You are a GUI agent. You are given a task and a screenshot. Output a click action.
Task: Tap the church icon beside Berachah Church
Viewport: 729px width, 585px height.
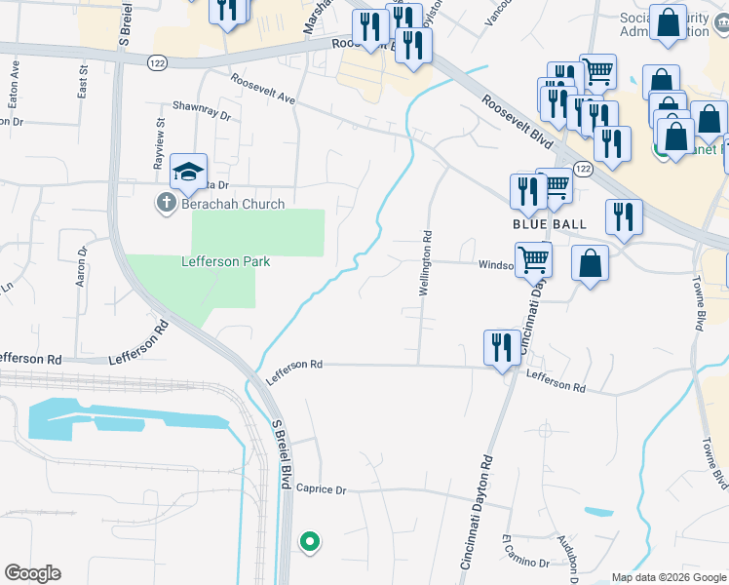[165, 204]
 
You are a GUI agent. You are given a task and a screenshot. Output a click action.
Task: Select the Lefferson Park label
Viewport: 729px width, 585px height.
[225, 261]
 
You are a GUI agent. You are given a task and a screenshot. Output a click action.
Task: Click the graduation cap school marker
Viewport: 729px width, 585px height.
[189, 173]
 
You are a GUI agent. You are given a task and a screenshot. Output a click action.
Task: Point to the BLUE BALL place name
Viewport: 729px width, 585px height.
[550, 223]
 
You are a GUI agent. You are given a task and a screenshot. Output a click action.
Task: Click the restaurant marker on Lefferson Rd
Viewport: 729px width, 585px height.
[502, 347]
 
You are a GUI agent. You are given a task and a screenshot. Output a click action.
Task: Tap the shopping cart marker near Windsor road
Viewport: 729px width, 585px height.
[533, 259]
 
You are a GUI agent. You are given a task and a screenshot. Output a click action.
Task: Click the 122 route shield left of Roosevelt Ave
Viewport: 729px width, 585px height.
[156, 61]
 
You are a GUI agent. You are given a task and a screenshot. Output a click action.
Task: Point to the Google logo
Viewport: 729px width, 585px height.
[32, 573]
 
